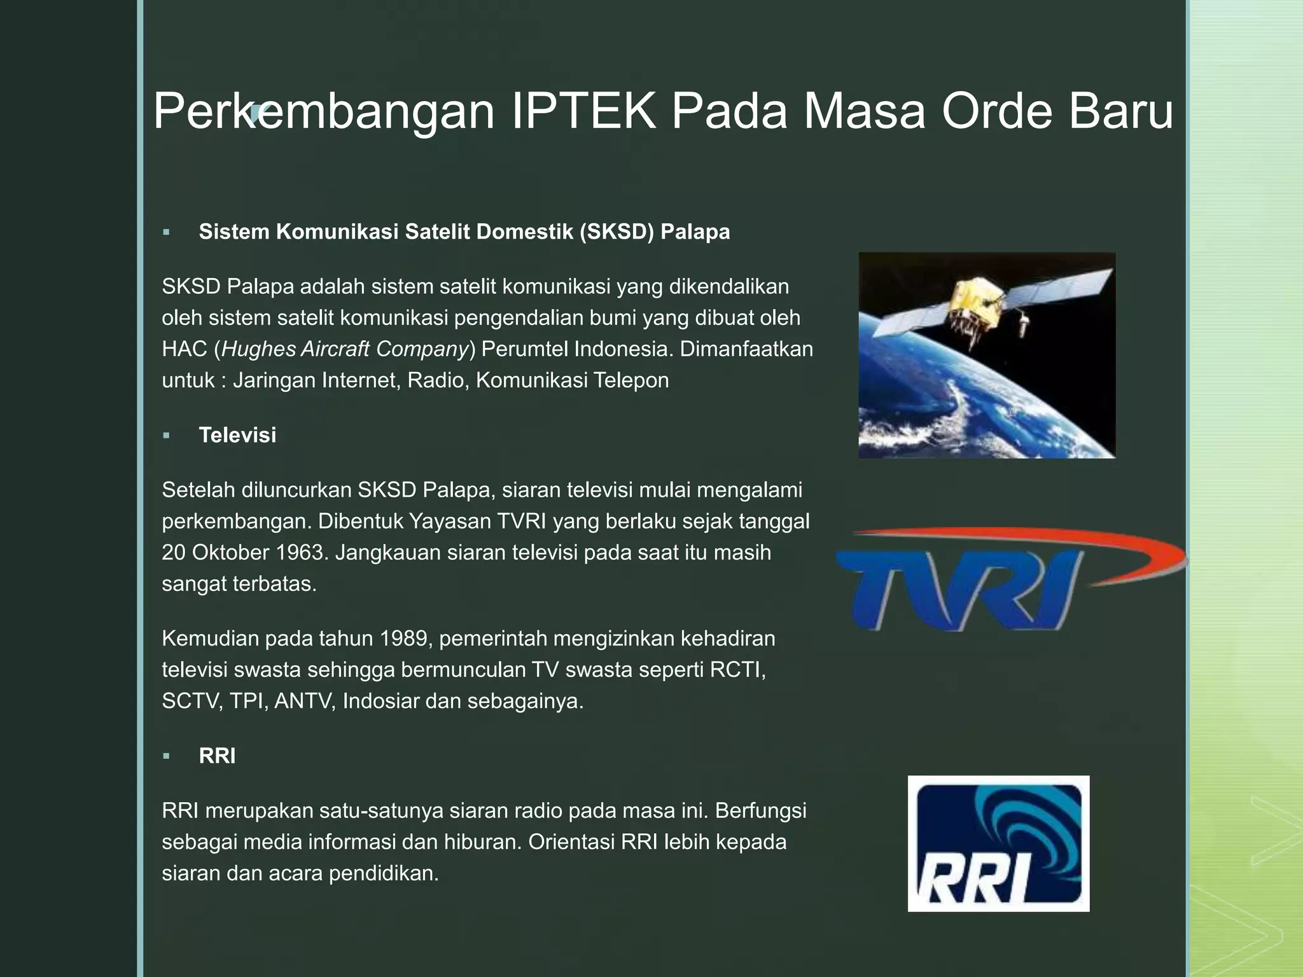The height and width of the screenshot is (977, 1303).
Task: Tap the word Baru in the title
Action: click(x=1120, y=111)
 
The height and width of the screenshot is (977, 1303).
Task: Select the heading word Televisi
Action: click(x=237, y=435)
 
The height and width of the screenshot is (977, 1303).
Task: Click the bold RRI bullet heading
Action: click(x=217, y=756)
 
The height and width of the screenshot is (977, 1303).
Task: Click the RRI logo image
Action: click(x=998, y=843)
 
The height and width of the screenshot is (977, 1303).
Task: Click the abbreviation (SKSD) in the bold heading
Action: click(x=617, y=232)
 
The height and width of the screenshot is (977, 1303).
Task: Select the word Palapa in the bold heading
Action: click(x=695, y=232)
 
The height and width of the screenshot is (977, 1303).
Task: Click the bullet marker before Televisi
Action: click(x=166, y=436)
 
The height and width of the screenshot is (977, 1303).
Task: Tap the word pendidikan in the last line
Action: click(x=384, y=873)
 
